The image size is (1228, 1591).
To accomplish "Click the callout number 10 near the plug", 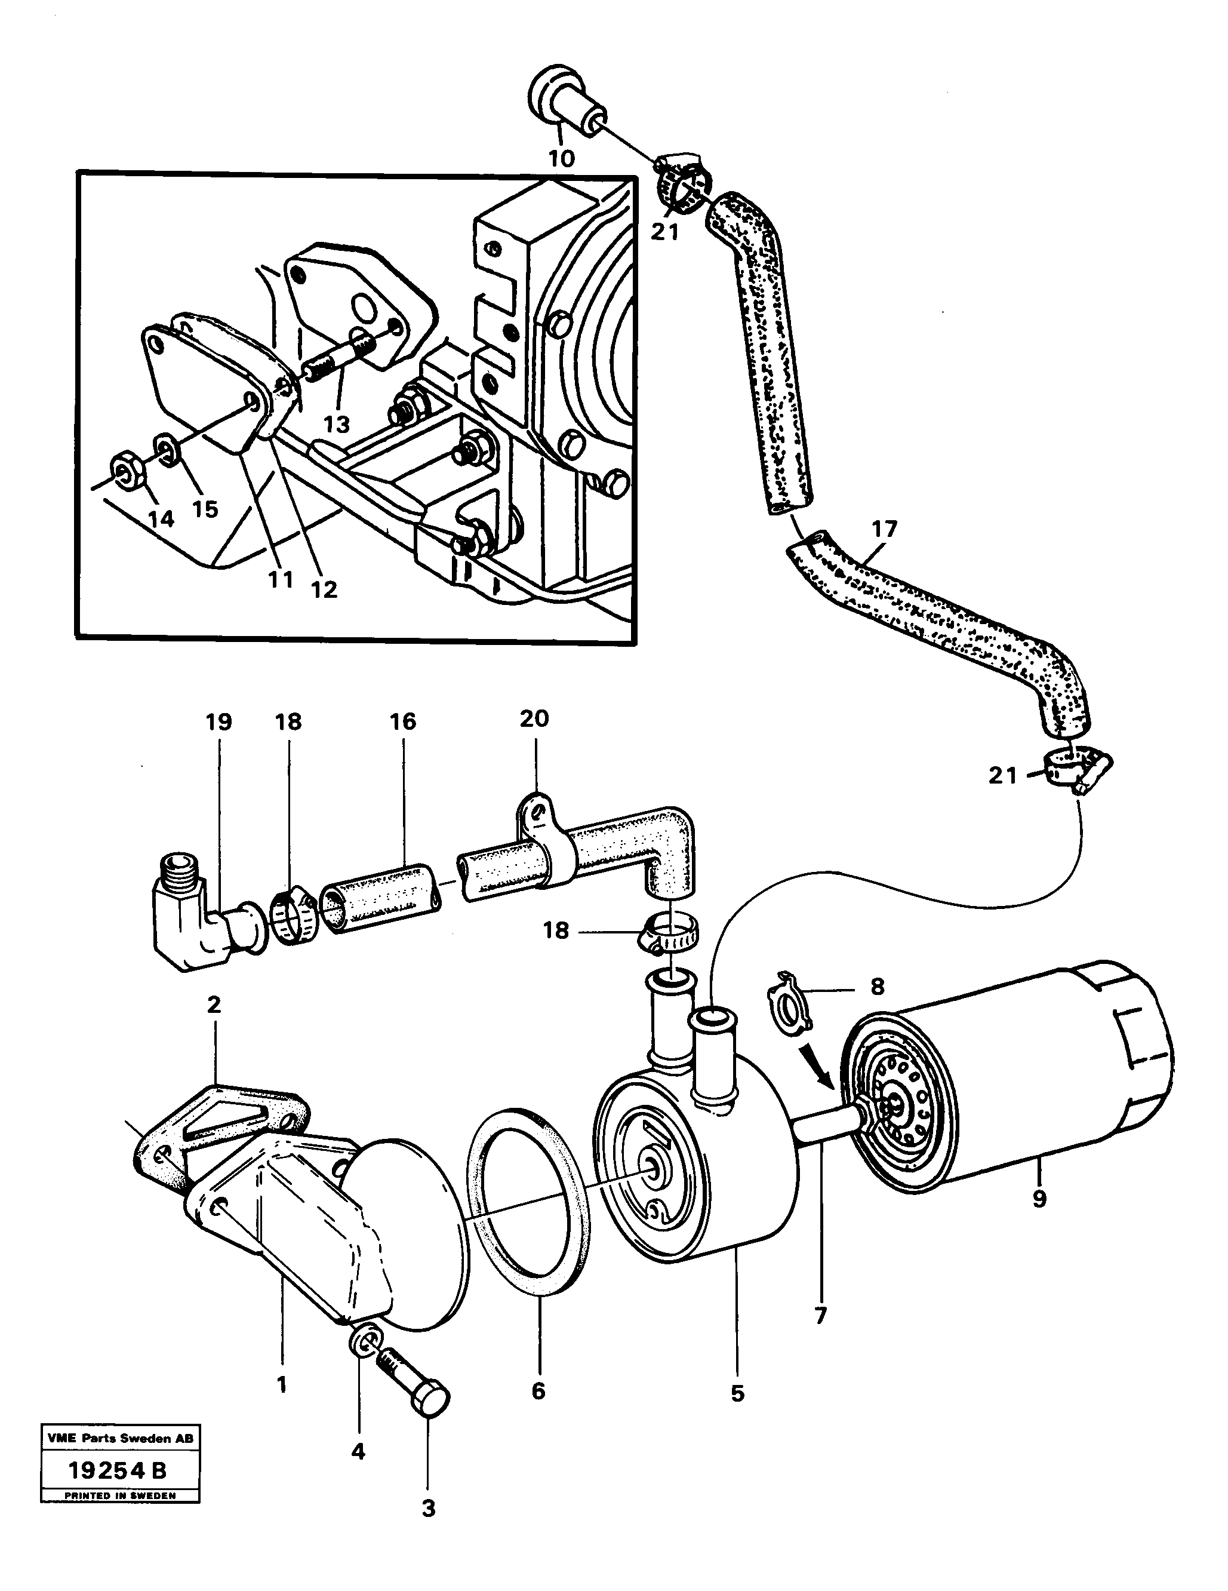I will tap(562, 158).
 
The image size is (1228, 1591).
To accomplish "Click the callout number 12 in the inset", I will tap(324, 589).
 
